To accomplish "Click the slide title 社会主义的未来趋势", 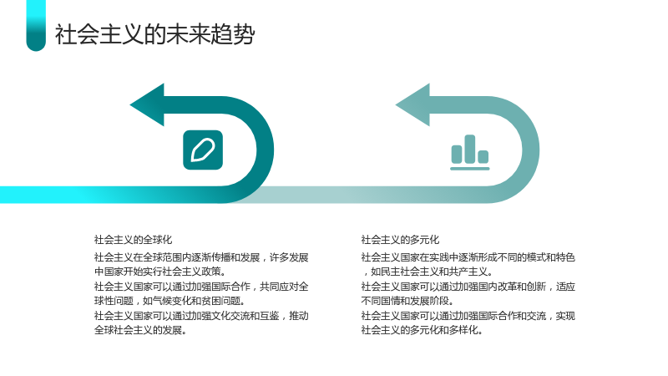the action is (x=154, y=34).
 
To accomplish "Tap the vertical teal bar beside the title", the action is (x=36, y=26).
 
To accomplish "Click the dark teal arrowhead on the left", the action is (x=148, y=105).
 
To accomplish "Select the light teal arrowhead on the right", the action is (x=412, y=105).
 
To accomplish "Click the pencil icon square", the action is (x=203, y=150).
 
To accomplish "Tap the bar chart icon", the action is (x=470, y=153).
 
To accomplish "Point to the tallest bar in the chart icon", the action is (x=470, y=150).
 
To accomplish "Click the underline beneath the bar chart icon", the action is (x=470, y=169).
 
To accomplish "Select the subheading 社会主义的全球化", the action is (x=133, y=240).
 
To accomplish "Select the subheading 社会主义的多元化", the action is (x=400, y=240).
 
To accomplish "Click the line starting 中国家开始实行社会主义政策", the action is (x=160, y=272).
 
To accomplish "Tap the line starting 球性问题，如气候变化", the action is (x=170, y=301).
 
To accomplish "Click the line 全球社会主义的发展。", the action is (x=140, y=330).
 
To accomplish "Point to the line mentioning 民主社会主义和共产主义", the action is (x=428, y=272).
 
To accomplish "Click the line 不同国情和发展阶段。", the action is (x=407, y=301).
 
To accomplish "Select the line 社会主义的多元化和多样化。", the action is (x=423, y=330).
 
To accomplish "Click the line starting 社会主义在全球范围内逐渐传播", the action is (x=201, y=257).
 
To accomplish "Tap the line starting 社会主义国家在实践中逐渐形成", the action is (x=468, y=257).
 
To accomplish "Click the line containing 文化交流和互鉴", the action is (x=201, y=316).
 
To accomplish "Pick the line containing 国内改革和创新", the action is (x=468, y=287).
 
